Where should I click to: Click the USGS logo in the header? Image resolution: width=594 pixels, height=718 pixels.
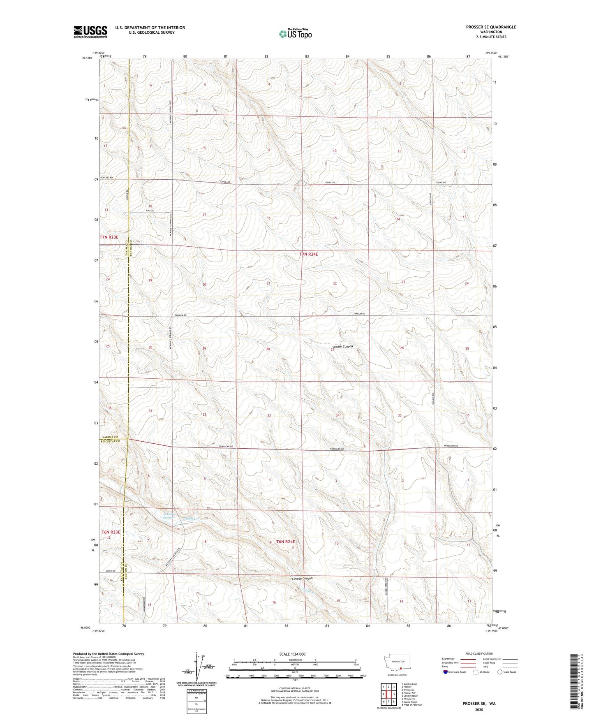[x=90, y=32]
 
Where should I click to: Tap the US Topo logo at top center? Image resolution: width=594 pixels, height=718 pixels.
[x=295, y=34]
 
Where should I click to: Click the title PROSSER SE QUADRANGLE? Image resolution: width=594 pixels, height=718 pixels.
[x=491, y=27]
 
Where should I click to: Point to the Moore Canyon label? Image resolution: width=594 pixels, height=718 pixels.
[x=343, y=347]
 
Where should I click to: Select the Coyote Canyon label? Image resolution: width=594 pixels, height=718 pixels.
[x=302, y=578]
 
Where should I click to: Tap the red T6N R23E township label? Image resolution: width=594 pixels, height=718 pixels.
[x=110, y=532]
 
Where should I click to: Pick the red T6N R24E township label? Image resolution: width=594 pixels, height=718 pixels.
[x=285, y=542]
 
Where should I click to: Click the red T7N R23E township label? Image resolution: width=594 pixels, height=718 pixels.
[x=109, y=237]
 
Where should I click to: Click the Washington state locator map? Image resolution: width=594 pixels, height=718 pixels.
[x=397, y=663]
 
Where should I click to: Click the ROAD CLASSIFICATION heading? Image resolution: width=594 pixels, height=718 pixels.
[x=479, y=653]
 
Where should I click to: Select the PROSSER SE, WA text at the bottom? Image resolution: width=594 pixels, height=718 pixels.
[x=479, y=704]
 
